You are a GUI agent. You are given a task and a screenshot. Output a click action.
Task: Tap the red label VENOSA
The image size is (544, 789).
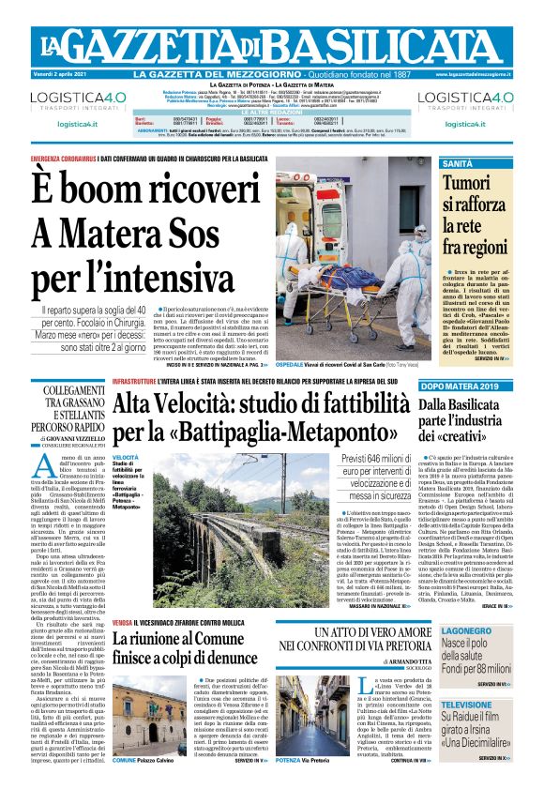click(x=123, y=623)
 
